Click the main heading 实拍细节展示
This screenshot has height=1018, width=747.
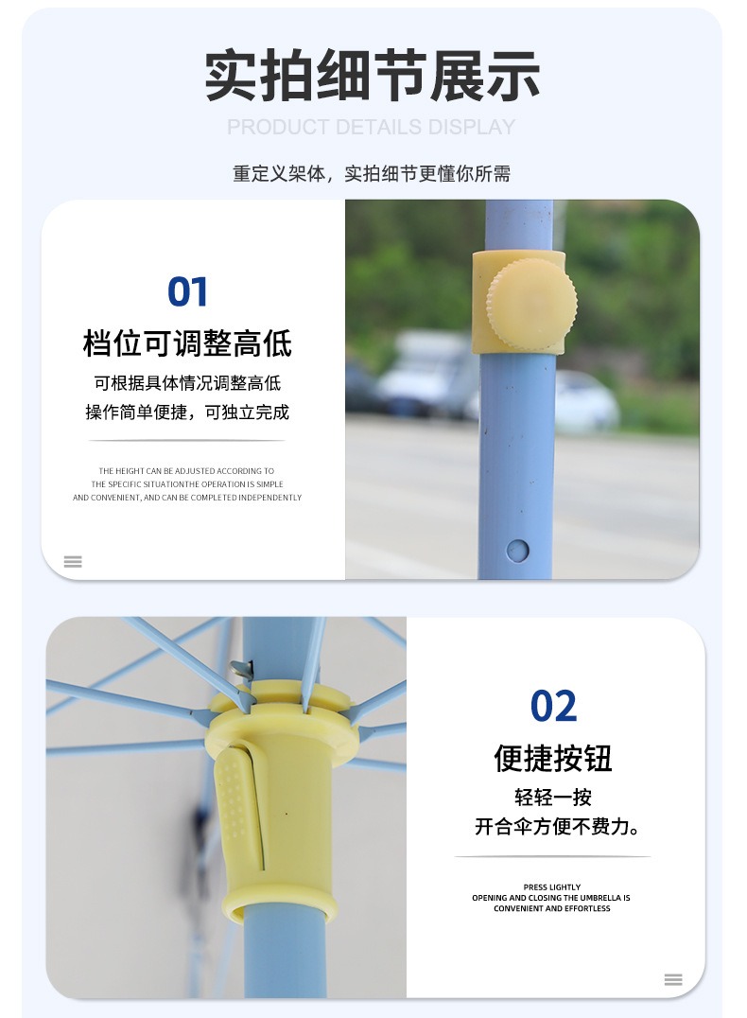pyautogui.click(x=373, y=76)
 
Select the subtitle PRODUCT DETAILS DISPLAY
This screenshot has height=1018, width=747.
pyautogui.click(x=372, y=127)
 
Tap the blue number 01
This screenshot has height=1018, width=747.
pyautogui.click(x=187, y=292)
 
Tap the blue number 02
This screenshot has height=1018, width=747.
pyautogui.click(x=553, y=707)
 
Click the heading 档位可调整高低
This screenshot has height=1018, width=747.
pyautogui.click(x=187, y=342)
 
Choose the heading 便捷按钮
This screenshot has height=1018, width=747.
pyautogui.click(x=553, y=758)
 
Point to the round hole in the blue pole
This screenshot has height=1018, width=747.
pyautogui.click(x=517, y=551)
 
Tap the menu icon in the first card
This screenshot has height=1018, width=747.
pyautogui.click(x=73, y=562)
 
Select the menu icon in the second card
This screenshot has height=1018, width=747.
pyautogui.click(x=673, y=980)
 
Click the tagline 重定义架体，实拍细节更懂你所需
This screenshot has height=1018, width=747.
pyautogui.click(x=372, y=173)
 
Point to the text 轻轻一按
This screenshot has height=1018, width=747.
pyautogui.click(x=553, y=797)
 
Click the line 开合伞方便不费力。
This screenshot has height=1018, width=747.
pyautogui.click(x=557, y=827)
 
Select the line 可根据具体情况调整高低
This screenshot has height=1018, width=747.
pyautogui.click(x=187, y=383)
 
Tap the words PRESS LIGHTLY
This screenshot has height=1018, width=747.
pyautogui.click(x=552, y=886)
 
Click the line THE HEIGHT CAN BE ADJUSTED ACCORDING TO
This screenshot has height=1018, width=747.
pyautogui.click(x=186, y=471)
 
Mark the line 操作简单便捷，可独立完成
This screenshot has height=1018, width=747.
pyautogui.click(x=187, y=412)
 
